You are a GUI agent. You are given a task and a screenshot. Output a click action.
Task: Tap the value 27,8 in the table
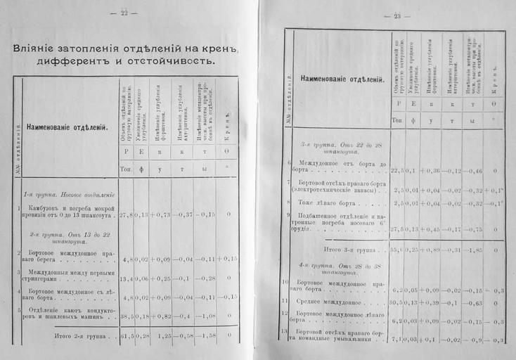(x=127, y=214)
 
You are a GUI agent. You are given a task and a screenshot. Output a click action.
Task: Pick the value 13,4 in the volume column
(x=127, y=278)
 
